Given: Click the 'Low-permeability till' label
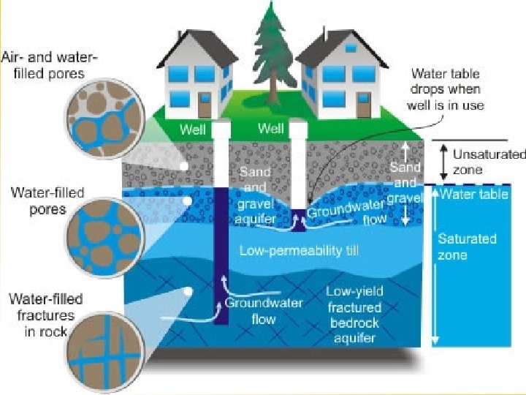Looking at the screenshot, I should click(291, 251).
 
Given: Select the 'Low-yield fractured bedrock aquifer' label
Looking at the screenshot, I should click(354, 315).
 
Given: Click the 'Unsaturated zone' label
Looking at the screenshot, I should click(488, 162).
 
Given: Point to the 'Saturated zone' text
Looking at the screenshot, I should click(457, 247).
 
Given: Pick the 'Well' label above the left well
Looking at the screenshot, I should click(194, 129).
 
